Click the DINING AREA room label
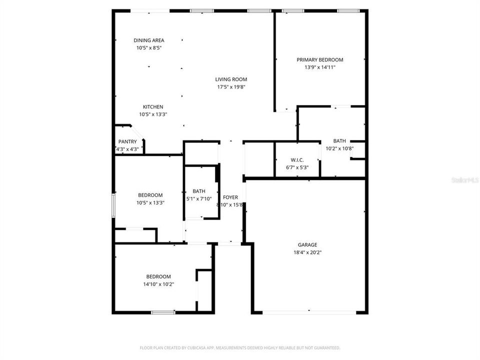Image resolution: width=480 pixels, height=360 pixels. click(148, 40)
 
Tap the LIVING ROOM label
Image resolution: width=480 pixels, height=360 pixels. click(231, 79)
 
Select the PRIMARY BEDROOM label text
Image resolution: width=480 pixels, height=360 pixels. click(320, 59)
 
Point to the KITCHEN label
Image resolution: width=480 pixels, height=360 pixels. click(153, 106)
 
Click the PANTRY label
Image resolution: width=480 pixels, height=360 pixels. click(127, 141)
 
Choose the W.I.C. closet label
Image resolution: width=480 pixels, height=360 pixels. click(297, 160)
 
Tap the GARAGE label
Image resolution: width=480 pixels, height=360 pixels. click(307, 245)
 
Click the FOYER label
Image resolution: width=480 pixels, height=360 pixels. click(231, 197)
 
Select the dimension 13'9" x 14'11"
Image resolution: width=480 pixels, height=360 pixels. click(320, 66)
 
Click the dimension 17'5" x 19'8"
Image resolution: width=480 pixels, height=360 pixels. click(231, 86)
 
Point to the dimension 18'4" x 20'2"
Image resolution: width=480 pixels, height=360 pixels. click(307, 252)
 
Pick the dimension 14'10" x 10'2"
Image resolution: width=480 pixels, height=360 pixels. click(158, 284)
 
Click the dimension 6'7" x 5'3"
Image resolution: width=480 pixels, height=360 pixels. click(297, 167)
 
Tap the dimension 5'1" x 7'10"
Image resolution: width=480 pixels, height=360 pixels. click(199, 198)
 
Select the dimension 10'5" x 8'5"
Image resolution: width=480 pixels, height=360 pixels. click(148, 48)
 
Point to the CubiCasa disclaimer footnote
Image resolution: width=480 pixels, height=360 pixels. click(239, 347)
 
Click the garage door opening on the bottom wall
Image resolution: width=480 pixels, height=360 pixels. click(309, 312)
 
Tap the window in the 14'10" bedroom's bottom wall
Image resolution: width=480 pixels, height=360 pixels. click(163, 312)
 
